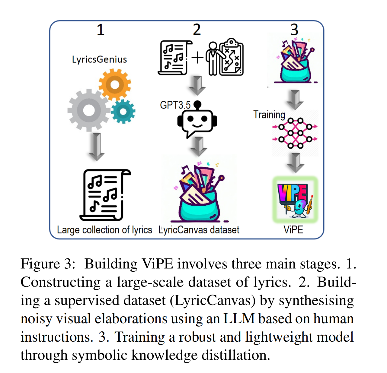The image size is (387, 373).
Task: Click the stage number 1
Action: click(101, 30)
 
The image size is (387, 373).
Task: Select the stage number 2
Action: click(197, 30)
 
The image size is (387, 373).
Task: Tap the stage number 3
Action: click(294, 30)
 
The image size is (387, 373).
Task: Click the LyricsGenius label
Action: click(99, 59)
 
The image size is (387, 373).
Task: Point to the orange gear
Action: click(115, 84)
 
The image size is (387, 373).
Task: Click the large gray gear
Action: click(89, 110)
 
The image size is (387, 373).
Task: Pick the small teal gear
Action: click(123, 112)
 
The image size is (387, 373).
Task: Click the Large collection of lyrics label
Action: click(104, 230)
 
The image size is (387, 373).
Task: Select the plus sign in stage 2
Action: click(197, 57)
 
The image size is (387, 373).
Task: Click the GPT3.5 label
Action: click(175, 105)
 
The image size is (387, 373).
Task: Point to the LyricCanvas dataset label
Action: click(199, 230)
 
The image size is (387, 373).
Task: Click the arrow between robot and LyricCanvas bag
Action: click(198, 146)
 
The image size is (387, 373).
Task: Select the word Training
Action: click(269, 115)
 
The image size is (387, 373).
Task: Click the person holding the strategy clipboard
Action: click(213, 58)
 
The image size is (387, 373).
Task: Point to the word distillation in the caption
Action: click(236, 355)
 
